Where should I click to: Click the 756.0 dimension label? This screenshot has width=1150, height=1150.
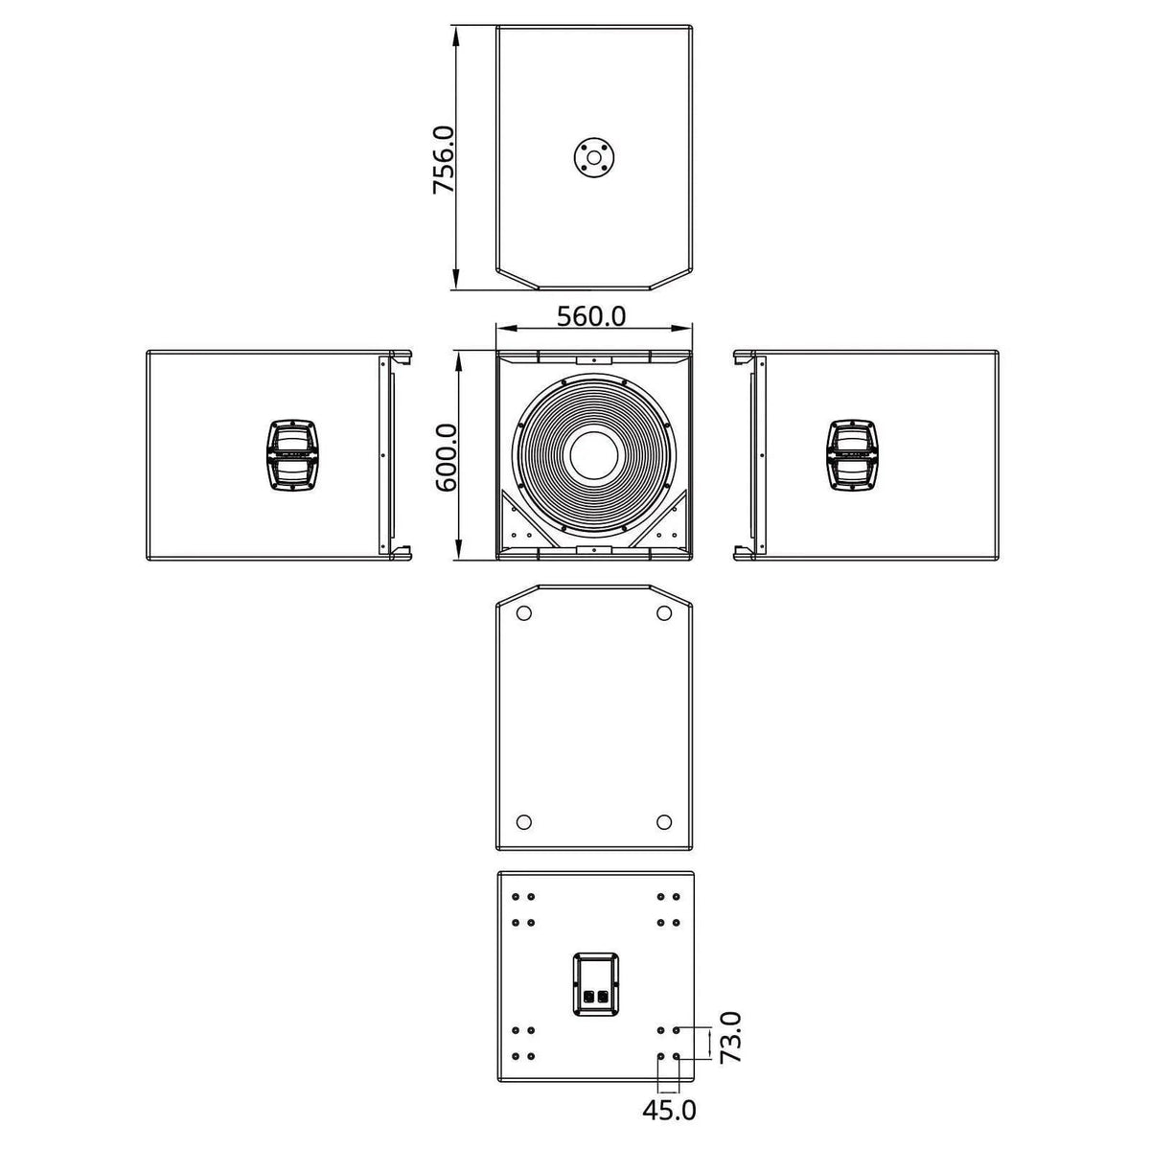[x=444, y=160]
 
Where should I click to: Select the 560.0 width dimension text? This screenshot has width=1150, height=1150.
[x=591, y=316]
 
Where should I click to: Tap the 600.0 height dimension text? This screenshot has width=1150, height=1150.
[x=446, y=457]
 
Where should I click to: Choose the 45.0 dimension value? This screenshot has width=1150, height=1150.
[x=669, y=1110]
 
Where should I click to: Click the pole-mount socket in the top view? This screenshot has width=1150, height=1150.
[x=593, y=157]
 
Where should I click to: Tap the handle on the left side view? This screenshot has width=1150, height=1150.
[x=293, y=455]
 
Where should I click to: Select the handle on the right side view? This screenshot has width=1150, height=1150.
[x=854, y=455]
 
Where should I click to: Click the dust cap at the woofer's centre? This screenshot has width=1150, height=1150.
[x=594, y=456]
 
